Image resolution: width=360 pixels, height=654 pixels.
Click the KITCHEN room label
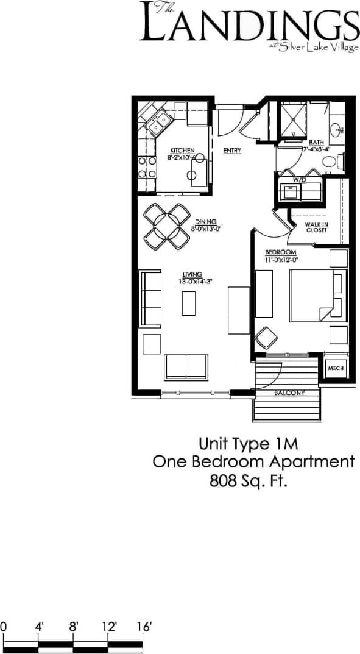tap(182, 151)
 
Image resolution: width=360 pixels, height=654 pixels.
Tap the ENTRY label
tap(232, 151)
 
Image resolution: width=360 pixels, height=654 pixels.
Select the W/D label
tap(299, 180)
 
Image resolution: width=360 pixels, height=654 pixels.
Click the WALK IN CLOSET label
tap(316, 227)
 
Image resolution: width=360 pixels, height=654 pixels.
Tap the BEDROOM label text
tap(280, 252)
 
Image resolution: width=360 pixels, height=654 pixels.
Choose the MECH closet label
tap(336, 368)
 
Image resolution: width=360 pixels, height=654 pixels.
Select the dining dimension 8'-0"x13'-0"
tap(205, 229)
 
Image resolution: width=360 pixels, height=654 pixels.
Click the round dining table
tap(165, 226)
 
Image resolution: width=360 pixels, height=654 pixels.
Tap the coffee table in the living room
tap(189, 303)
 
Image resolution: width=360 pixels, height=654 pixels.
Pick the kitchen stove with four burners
tap(147, 167)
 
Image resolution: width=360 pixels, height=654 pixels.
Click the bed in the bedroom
tap(314, 295)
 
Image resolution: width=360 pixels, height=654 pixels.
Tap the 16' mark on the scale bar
tap(143, 626)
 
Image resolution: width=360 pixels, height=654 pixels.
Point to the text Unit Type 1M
tap(252, 443)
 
